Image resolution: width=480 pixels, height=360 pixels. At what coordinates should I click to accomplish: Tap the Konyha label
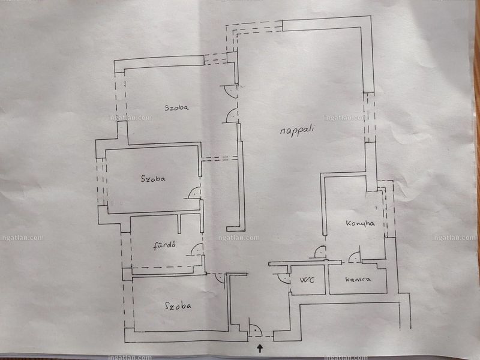click(361, 223)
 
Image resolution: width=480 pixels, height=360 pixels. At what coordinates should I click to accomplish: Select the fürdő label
click(164, 245)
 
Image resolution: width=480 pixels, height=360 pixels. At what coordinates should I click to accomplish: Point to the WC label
click(307, 280)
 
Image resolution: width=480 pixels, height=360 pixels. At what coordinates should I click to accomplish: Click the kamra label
click(358, 279)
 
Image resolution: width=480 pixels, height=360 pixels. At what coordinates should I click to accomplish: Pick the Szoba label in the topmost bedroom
click(176, 108)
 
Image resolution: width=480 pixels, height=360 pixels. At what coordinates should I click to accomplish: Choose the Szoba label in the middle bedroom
click(153, 178)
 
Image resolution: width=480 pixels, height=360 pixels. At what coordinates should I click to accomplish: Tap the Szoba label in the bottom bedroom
click(178, 305)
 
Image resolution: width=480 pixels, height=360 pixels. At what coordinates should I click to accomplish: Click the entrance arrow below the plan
click(260, 348)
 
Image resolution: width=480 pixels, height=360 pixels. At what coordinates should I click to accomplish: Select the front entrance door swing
click(256, 331)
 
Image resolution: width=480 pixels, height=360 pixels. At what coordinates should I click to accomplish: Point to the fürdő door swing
click(196, 249)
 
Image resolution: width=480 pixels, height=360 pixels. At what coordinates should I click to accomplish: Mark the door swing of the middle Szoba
click(194, 193)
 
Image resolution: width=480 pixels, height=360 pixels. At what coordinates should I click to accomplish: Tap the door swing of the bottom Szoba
click(220, 278)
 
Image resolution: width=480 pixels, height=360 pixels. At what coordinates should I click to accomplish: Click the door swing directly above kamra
click(355, 257)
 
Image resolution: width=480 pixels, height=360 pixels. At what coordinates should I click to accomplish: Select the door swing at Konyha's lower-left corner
click(320, 252)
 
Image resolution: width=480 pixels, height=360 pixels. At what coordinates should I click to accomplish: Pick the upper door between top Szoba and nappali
click(230, 91)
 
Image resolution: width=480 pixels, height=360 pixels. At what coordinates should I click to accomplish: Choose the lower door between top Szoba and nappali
click(232, 115)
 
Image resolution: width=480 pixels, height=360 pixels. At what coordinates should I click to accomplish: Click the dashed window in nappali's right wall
click(370, 118)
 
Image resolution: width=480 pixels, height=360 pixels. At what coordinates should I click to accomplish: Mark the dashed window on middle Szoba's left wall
click(101, 182)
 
